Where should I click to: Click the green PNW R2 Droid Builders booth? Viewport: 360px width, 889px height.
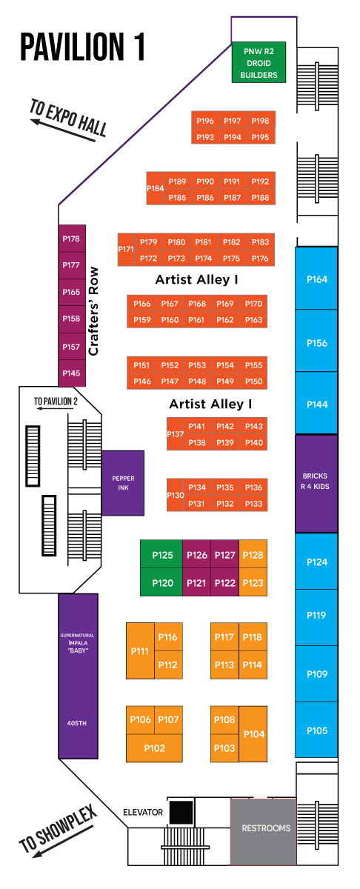point(259,62)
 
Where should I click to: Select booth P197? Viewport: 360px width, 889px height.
point(233,121)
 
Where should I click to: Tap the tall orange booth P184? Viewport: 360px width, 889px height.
point(154,188)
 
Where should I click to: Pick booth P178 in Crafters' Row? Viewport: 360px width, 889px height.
point(72,239)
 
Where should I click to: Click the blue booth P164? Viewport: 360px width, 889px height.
point(316,279)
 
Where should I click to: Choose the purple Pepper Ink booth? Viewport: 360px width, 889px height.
point(123,483)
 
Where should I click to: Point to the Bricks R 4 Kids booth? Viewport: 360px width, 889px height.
point(316,484)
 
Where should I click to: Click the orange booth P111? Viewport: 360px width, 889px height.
point(140,651)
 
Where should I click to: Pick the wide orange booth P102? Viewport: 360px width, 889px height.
point(154,748)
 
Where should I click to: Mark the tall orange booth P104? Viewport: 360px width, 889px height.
point(253,734)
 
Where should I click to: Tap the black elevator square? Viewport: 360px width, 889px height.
point(181,812)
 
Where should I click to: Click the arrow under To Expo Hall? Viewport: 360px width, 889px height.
point(64,130)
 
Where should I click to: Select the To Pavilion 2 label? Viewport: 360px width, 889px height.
point(56,402)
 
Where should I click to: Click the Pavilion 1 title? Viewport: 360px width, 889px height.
point(82,47)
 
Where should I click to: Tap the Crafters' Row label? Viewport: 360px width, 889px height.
point(93,311)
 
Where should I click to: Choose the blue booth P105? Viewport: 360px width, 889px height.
point(316,730)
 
